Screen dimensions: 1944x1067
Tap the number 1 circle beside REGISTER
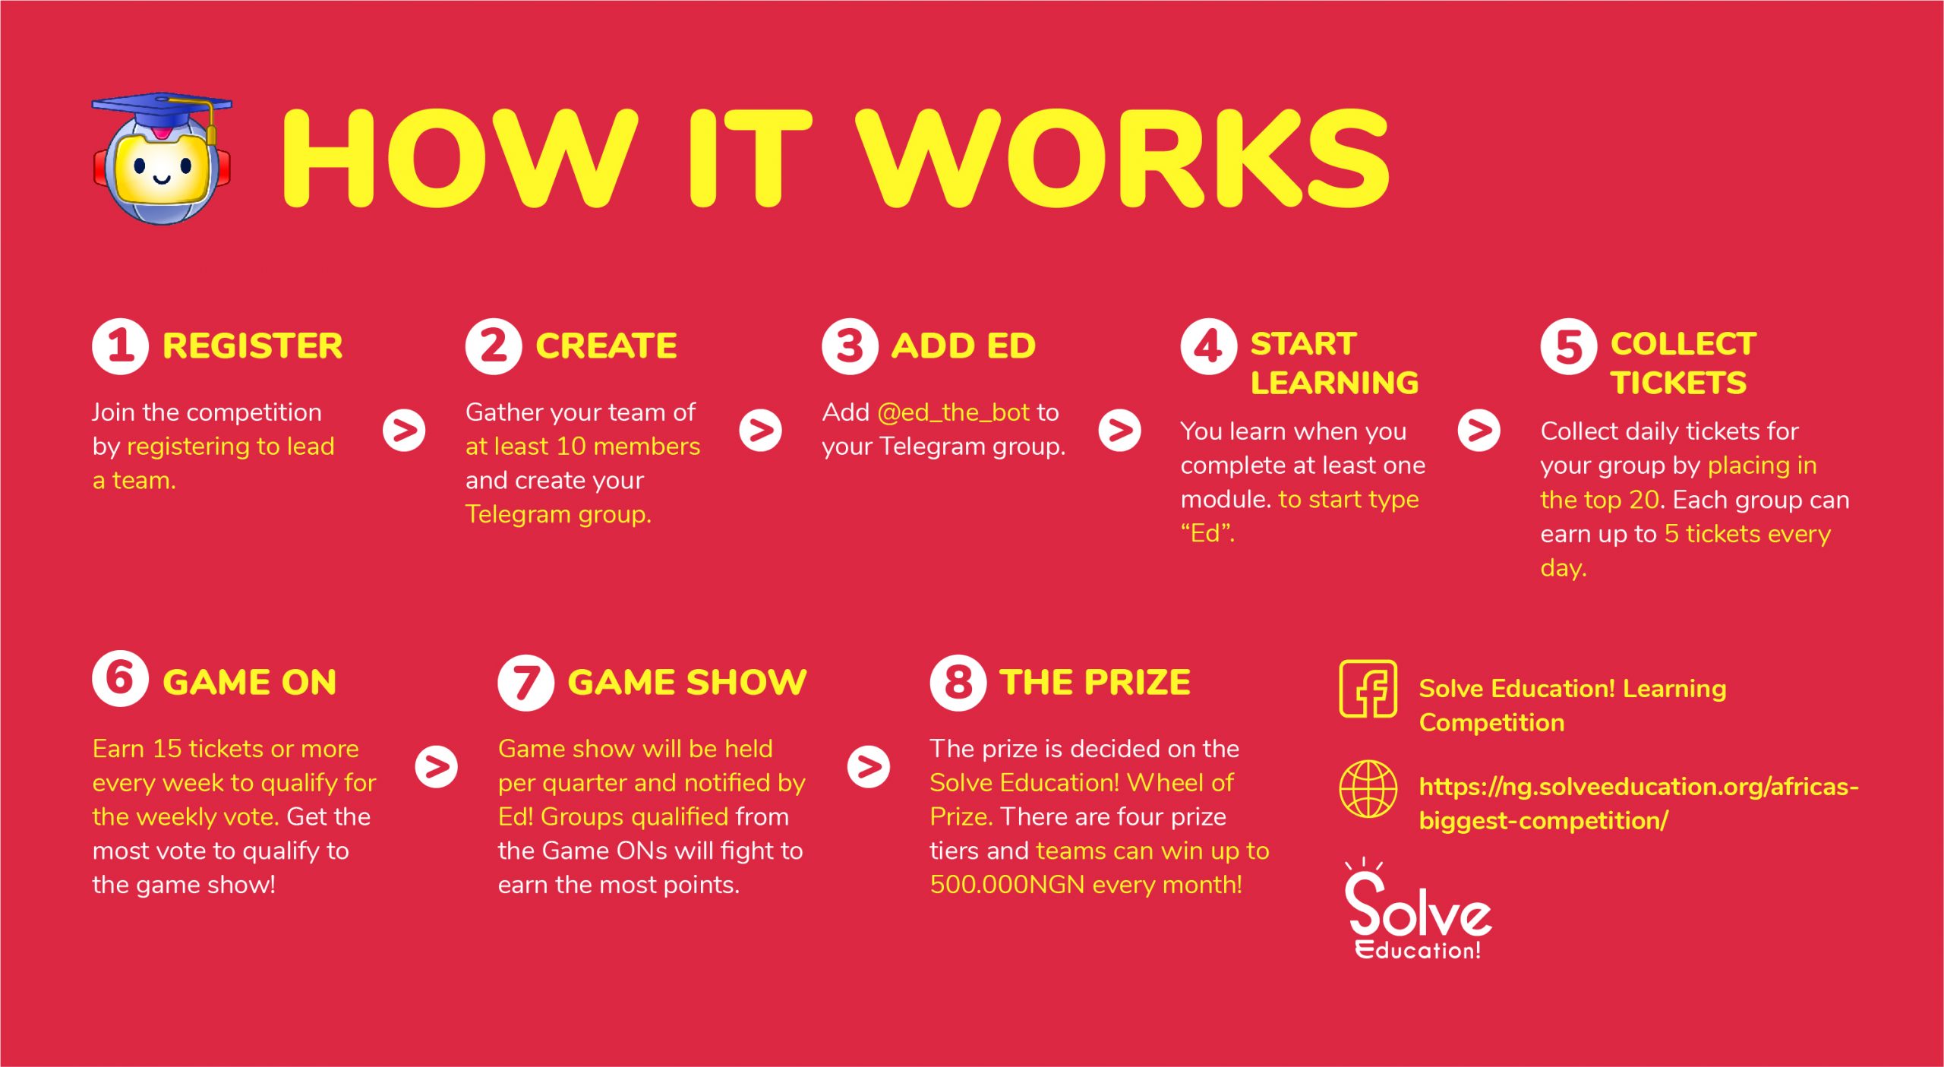120,346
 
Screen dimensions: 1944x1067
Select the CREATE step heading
606,346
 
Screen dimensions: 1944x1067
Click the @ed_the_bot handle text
954,412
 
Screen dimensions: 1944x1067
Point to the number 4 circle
1209,346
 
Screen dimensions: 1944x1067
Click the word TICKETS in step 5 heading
1678,383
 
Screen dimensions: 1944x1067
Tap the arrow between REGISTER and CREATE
404,431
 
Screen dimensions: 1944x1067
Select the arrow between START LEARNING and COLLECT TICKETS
1479,431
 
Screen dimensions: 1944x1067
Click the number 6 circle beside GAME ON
120,679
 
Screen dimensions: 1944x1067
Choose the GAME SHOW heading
687,682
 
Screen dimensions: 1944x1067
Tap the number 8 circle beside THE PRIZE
958,683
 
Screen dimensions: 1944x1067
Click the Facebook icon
1368,689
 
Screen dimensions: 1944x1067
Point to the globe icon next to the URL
1368,789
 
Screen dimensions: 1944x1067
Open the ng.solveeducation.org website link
1639,803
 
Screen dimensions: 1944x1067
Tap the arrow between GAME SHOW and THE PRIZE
869,767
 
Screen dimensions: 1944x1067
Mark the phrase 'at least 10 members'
582,447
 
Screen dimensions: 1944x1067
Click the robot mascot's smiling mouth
162,180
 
